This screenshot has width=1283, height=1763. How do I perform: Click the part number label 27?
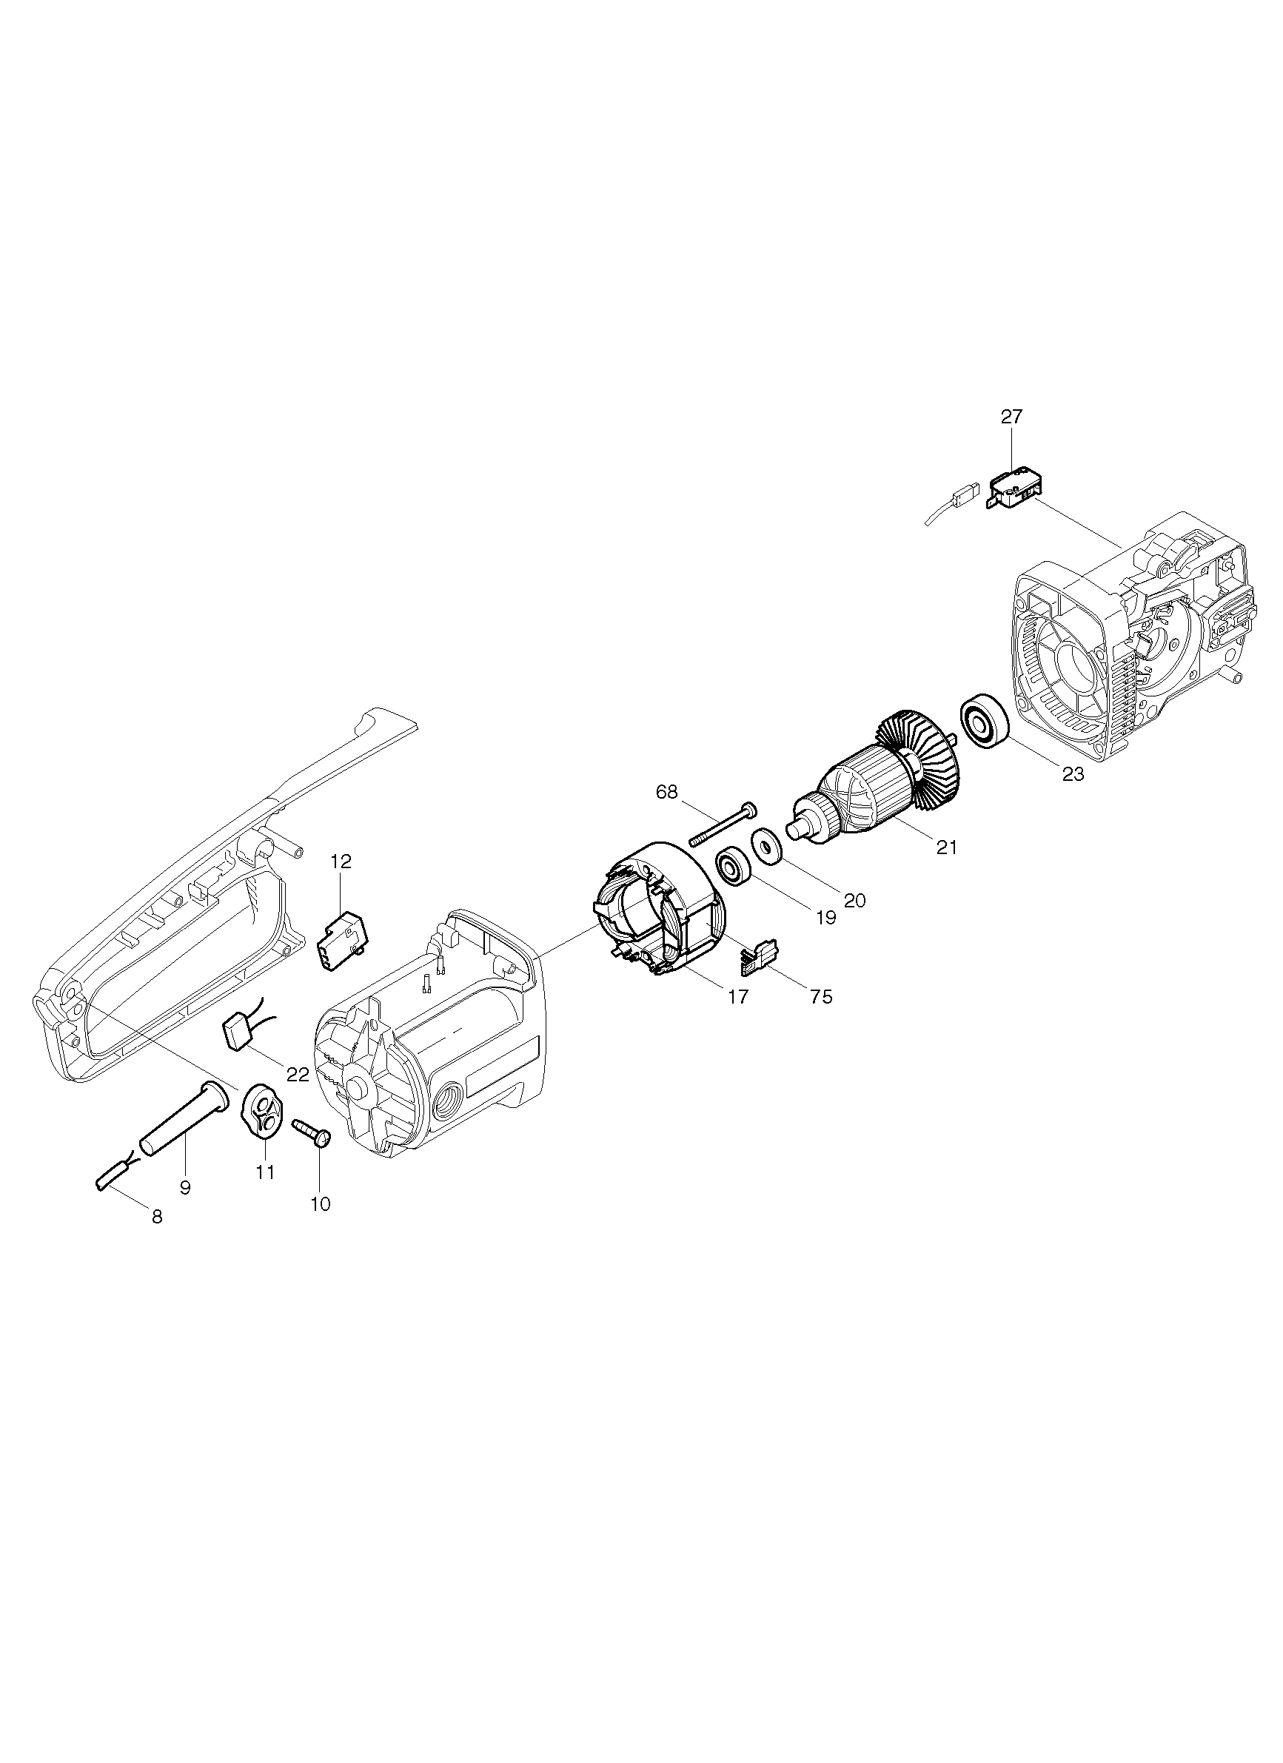coord(1011,417)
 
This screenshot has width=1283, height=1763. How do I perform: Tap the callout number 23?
coord(1073,775)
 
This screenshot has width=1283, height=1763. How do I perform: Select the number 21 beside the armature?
coord(946,847)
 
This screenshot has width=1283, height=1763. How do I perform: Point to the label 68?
coord(666,792)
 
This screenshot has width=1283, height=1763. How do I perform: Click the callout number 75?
coord(821,996)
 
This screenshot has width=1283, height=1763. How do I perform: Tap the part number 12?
coord(341,862)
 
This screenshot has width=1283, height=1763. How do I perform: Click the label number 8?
coord(157,1218)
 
